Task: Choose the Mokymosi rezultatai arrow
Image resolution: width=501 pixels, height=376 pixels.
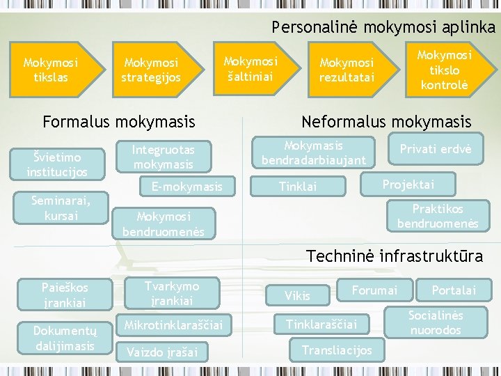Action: (x=347, y=70)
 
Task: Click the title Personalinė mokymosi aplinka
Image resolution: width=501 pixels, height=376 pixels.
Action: (x=383, y=27)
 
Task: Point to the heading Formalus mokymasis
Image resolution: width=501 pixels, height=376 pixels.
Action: (x=119, y=123)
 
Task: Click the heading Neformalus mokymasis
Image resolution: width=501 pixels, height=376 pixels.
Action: (x=386, y=123)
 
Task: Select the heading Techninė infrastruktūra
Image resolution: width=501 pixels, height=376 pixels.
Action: (x=395, y=256)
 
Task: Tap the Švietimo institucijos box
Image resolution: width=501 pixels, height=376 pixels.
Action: (x=57, y=165)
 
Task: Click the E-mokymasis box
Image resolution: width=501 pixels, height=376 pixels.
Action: (x=186, y=186)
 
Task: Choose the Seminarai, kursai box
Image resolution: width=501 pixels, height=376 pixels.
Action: (x=61, y=208)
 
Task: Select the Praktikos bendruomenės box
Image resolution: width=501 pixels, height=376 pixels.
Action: (x=438, y=216)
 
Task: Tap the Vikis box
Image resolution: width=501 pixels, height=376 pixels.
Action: (x=297, y=296)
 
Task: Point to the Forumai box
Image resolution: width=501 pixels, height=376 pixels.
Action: (x=375, y=290)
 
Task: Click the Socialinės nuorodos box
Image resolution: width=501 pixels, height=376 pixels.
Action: (x=436, y=322)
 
